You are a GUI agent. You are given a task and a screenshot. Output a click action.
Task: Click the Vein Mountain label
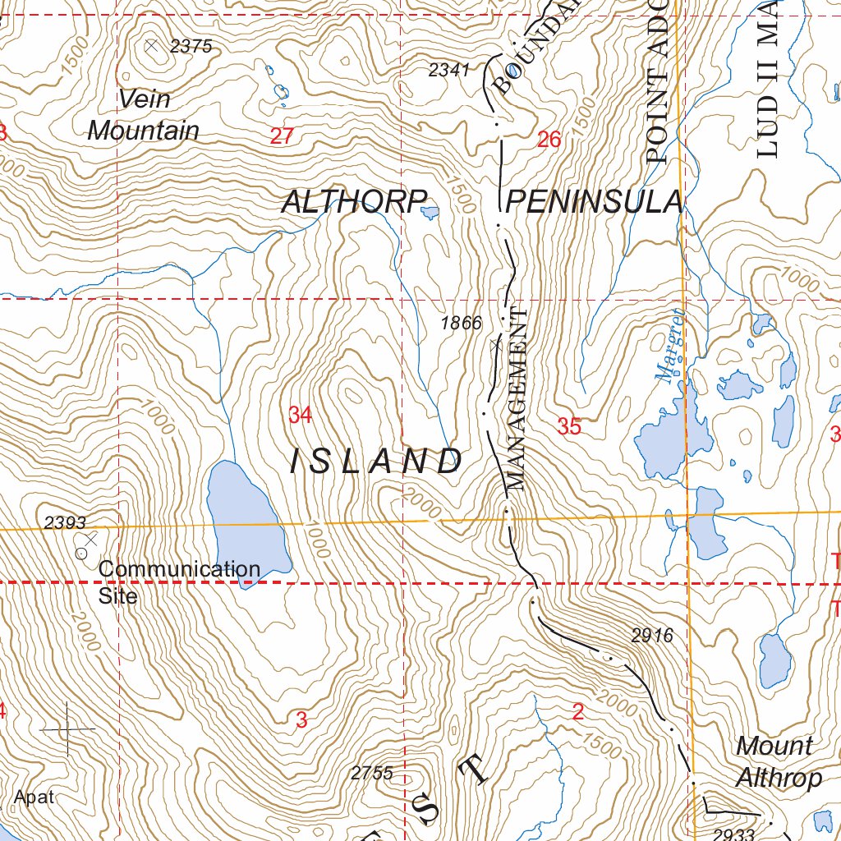143,115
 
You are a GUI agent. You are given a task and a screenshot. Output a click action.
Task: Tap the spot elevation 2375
191,47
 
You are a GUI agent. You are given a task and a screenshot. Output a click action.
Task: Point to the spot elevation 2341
448,71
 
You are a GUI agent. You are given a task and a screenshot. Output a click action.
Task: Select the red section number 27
282,137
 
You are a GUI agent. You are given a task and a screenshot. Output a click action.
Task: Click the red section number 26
549,140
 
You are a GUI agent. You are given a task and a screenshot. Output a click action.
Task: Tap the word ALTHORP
355,202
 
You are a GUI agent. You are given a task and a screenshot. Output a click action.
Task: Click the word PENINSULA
594,202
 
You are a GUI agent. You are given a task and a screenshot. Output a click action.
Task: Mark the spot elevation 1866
461,324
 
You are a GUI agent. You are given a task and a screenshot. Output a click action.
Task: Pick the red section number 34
300,416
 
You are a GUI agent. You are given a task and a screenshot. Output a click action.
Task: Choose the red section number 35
569,426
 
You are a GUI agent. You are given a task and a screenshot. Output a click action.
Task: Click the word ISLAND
377,462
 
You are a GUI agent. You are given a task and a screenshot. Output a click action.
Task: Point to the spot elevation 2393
65,522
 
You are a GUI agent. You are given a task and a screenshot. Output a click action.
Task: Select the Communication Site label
179,581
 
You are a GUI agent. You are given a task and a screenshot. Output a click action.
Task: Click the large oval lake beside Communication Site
246,522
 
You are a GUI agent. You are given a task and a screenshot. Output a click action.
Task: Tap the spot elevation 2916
652,635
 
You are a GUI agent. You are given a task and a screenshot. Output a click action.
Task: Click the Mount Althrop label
777,762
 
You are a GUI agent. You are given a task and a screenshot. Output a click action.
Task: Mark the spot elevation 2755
371,773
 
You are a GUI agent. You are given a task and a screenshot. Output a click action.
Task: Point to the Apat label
34,797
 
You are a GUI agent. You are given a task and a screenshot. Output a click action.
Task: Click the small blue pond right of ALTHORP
429,214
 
